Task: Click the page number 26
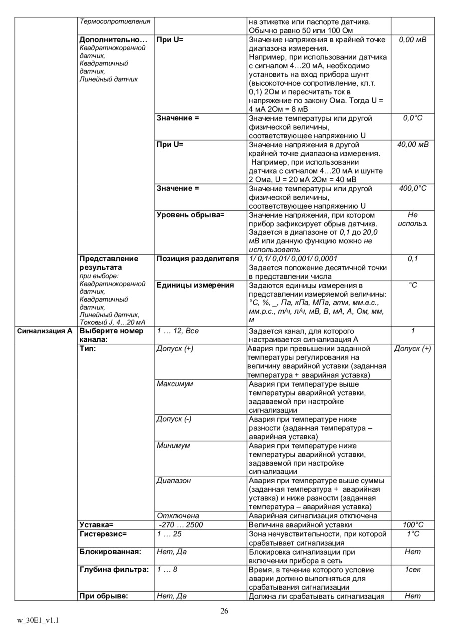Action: coord(224,611)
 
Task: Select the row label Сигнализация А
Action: coord(45,331)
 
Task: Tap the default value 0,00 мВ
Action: coord(413,39)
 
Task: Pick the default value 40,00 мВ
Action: coord(413,145)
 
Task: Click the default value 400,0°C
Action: coord(413,188)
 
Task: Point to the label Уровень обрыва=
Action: coord(191,215)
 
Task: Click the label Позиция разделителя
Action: coord(198,259)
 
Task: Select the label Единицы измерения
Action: coord(195,285)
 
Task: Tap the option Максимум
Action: coord(175,384)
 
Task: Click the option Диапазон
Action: coord(174,481)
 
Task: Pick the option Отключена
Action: coord(178,516)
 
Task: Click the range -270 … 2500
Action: coord(181,525)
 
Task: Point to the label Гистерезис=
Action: coord(103,534)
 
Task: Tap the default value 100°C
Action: coord(413,525)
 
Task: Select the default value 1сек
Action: coord(413,570)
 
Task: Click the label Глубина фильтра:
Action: coord(114,570)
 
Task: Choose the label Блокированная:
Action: coord(110,552)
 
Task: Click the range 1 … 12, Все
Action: coord(178,331)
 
